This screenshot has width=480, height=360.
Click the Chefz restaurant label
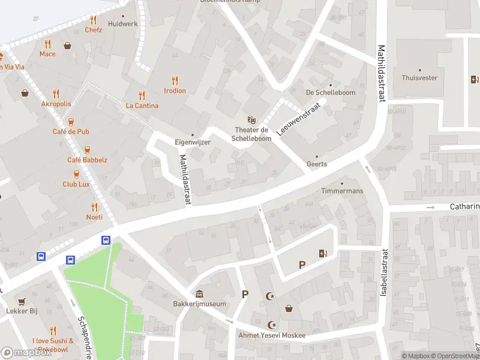(x=94, y=29)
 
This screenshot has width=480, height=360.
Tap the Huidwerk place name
(x=123, y=24)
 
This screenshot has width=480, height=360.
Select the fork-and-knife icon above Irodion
(x=175, y=80)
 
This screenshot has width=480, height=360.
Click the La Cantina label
(x=142, y=106)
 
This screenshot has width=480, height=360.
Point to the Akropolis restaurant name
(x=56, y=104)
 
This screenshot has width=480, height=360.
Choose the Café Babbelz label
(x=87, y=160)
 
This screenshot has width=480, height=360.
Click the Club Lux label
(x=76, y=184)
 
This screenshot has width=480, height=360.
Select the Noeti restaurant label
(x=94, y=217)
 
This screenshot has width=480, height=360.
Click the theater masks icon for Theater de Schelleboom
(x=251, y=120)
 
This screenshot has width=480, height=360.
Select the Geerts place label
(x=317, y=164)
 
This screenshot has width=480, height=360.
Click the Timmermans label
(x=342, y=191)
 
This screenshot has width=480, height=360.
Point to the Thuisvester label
(x=419, y=78)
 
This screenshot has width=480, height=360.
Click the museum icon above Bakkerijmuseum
(x=199, y=293)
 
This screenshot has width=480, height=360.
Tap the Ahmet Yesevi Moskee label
(x=272, y=335)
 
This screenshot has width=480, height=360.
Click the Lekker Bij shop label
(x=22, y=311)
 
